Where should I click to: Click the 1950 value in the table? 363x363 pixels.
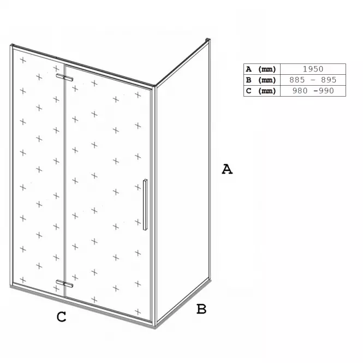pyautogui.click(x=313, y=69)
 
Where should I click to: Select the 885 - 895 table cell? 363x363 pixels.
pyautogui.click(x=313, y=80)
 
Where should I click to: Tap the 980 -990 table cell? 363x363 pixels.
pyautogui.click(x=313, y=91)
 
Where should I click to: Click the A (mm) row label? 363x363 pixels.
pyautogui.click(x=261, y=69)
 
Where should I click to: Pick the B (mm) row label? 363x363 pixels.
pyautogui.click(x=261, y=80)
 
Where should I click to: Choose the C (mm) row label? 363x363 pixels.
pyautogui.click(x=261, y=91)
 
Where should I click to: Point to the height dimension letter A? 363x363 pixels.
pyautogui.click(x=227, y=169)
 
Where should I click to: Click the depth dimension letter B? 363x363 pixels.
pyautogui.click(x=201, y=309)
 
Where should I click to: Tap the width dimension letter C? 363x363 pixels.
pyautogui.click(x=61, y=317)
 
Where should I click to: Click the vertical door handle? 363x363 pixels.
pyautogui.click(x=145, y=205)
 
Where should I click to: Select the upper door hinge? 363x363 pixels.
pyautogui.click(x=64, y=78)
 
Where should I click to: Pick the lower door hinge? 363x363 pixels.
pyautogui.click(x=64, y=284)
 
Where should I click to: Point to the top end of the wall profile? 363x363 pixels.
pyautogui.click(x=208, y=39)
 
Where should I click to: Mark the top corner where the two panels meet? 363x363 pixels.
pyautogui.click(x=154, y=86)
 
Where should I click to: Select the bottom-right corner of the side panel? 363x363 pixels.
pyautogui.click(x=210, y=279)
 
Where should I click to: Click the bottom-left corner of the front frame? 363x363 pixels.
pyautogui.click(x=11, y=286)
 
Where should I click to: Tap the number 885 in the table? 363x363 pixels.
pyautogui.click(x=297, y=80)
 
